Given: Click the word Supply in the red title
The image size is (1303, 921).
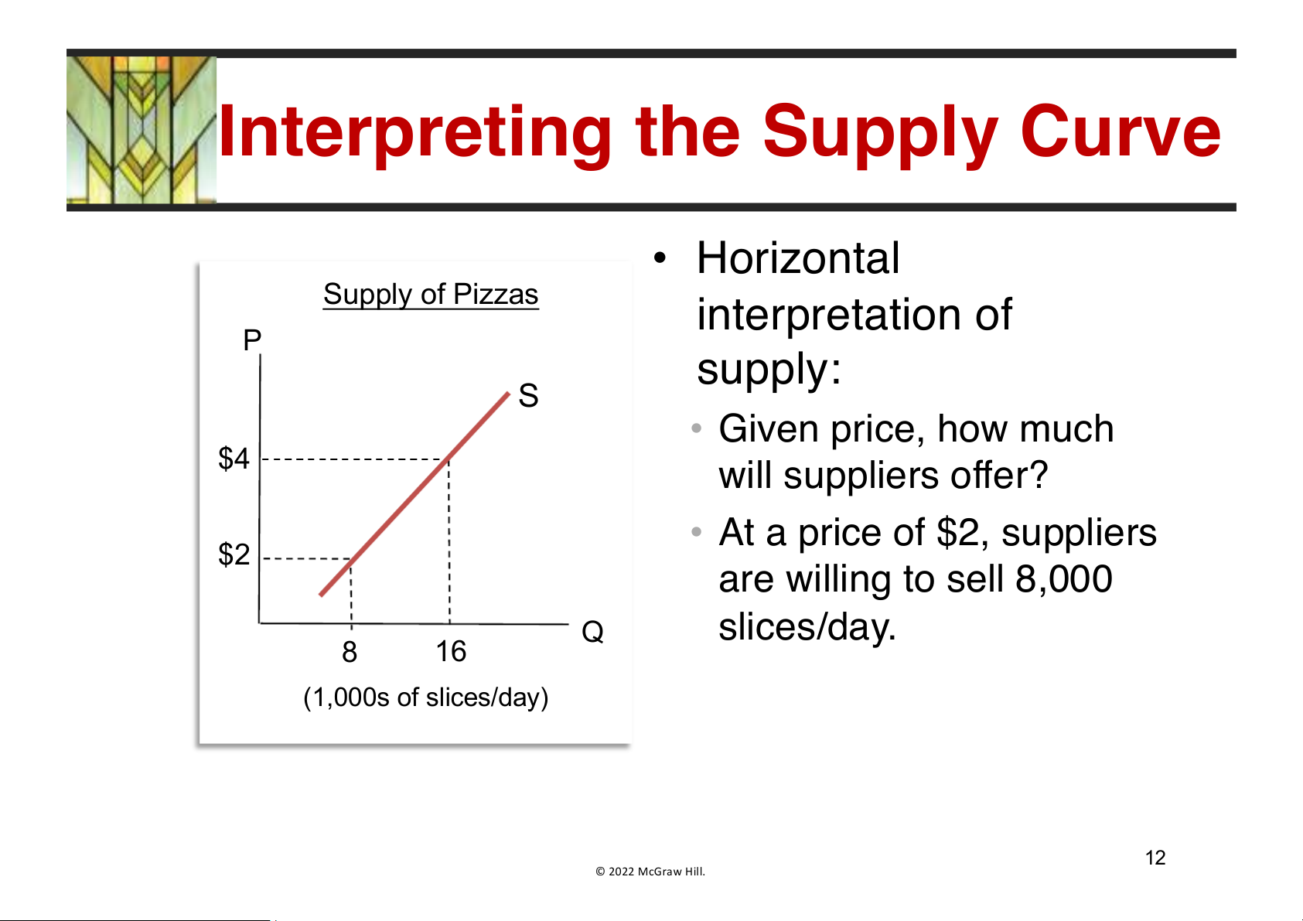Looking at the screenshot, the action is point(880,135).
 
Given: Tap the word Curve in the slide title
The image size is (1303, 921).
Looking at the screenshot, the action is point(1121,131).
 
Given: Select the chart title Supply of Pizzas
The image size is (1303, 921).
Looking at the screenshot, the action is point(431,295).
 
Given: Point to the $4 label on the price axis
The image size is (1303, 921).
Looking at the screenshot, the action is point(234,459).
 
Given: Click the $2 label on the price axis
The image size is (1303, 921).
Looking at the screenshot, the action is point(234,554).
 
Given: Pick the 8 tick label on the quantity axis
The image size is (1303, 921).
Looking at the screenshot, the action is point(350,652).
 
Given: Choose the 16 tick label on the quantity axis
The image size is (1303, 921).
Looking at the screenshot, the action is point(451,651).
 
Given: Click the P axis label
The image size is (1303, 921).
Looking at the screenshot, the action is point(252,339).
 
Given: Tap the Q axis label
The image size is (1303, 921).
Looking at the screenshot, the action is point(593,632).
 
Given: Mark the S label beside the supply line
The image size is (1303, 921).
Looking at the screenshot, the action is point(528,396).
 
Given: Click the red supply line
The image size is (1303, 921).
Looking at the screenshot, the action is point(414,495).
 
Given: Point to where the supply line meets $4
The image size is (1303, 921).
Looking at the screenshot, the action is point(448,459).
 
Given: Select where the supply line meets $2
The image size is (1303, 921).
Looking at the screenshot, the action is point(351,559).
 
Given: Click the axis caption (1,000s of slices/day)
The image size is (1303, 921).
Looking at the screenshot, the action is point(426,698).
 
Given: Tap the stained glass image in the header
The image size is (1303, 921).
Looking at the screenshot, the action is point(142,130).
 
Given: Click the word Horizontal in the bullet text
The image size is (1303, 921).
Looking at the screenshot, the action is point(798,258).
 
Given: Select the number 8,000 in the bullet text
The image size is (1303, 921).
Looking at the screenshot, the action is point(1064,579).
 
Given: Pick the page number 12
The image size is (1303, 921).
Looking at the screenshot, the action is point(1155,858).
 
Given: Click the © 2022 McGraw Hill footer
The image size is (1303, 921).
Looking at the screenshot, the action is point(650,872).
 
